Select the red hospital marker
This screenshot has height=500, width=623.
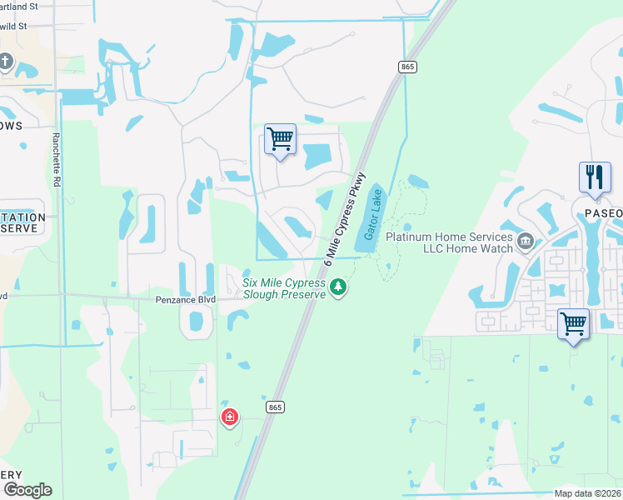tap(229, 417)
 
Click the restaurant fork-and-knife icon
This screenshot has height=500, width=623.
tap(594, 177)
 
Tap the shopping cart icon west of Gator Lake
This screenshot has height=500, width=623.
tap(280, 138)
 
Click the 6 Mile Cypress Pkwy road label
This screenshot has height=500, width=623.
tap(345, 218)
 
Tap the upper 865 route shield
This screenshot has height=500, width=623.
tap(407, 67)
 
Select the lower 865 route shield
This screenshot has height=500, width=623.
tap(277, 407)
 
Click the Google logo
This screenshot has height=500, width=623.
tap(27, 490)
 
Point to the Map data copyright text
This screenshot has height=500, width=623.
tap(587, 493)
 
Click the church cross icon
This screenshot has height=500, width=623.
tap(6, 62)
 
